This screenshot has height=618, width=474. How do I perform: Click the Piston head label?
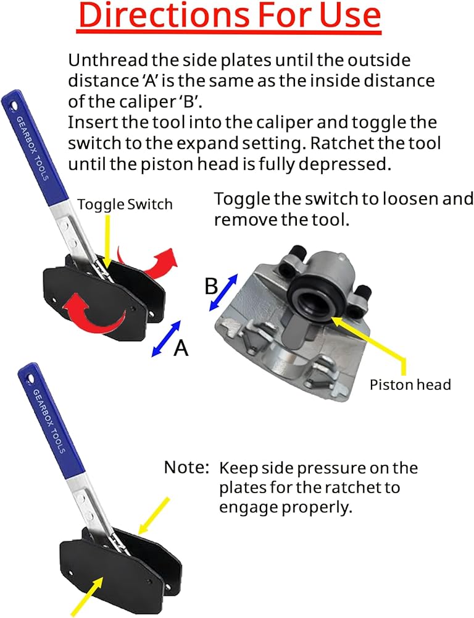[410, 384]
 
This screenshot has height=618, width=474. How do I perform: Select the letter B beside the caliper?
[212, 287]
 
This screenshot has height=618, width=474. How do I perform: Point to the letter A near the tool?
[180, 349]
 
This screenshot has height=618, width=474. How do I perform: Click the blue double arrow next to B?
[223, 292]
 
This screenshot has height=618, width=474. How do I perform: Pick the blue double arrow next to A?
[166, 339]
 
